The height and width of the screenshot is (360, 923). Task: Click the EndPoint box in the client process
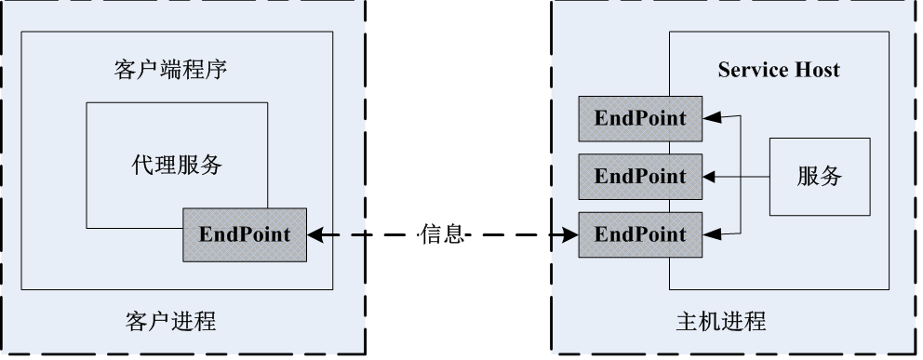click(x=244, y=234)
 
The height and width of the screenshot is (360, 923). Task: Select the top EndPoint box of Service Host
click(x=640, y=118)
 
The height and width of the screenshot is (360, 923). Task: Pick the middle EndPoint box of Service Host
click(x=640, y=176)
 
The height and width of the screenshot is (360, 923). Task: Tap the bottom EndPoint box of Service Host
click(x=640, y=234)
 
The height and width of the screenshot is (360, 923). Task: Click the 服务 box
click(x=819, y=176)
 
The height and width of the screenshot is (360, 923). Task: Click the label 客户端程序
click(x=177, y=69)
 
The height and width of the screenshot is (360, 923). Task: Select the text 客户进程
click(x=170, y=323)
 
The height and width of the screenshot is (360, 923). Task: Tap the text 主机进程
click(x=720, y=323)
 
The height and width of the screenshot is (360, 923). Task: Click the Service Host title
click(x=778, y=70)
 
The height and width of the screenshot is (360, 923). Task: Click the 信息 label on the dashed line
click(x=441, y=234)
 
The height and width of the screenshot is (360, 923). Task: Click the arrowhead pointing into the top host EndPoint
click(x=710, y=118)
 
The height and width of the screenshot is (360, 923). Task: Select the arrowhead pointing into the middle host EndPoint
click(x=710, y=176)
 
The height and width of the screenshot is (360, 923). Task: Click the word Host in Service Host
click(x=816, y=70)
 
